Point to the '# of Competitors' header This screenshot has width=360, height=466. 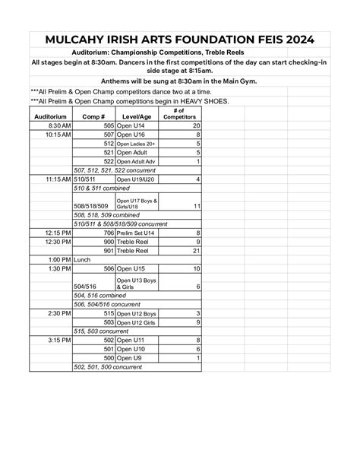click(182, 113)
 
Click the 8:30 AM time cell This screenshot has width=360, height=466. click(59, 125)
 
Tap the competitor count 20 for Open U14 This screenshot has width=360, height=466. click(196, 125)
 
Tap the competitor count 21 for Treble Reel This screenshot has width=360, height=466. click(196, 250)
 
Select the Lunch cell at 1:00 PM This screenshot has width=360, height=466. click(81, 259)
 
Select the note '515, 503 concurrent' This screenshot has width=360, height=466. click(101, 331)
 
